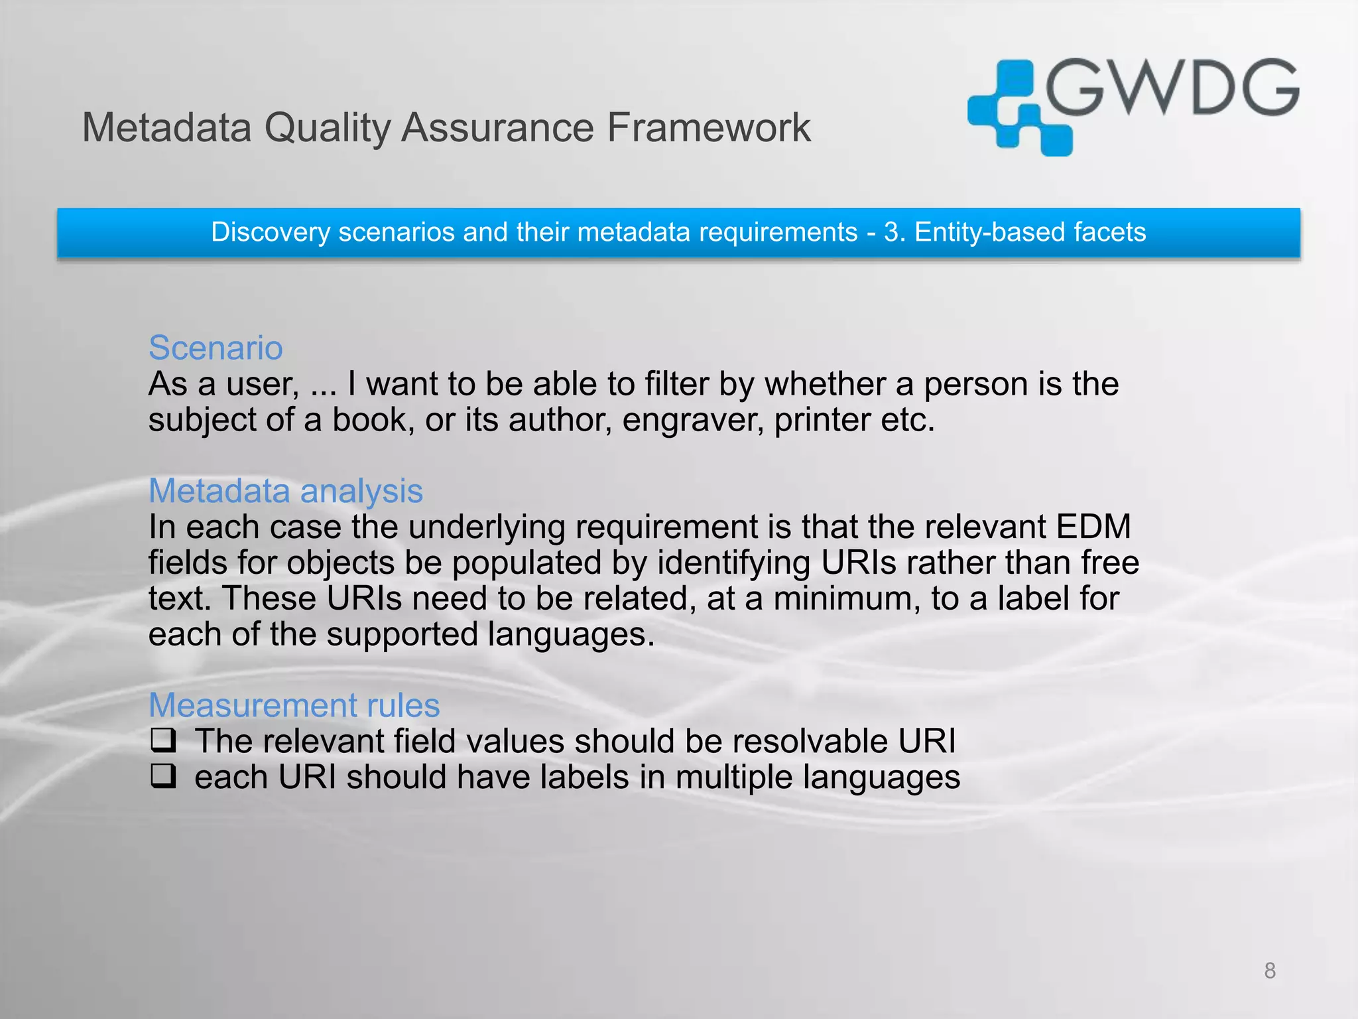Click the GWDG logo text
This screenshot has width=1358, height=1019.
point(1172,88)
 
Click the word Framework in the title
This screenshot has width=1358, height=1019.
point(708,127)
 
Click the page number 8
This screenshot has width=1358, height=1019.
point(1270,971)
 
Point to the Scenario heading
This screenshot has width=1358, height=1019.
point(216,348)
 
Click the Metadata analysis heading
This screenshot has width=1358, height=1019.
point(285,491)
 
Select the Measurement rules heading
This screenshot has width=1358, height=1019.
point(294,705)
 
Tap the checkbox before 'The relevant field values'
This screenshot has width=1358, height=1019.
point(163,740)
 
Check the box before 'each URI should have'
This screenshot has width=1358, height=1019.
point(163,776)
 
